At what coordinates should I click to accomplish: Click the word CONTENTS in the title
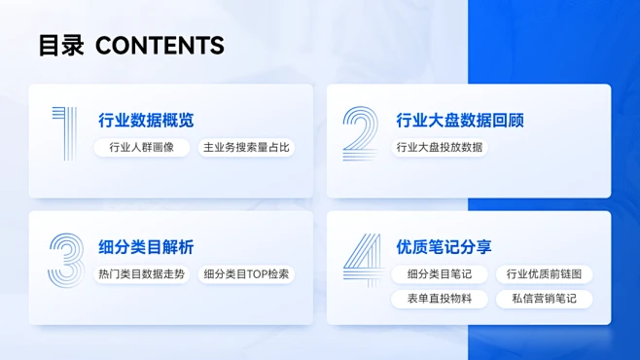(x=160, y=45)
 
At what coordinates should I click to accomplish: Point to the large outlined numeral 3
(x=66, y=260)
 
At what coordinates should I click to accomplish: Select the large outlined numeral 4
(x=362, y=260)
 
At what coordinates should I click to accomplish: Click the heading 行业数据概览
(x=146, y=121)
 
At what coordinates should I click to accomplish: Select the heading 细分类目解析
(x=146, y=247)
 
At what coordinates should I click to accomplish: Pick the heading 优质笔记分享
(x=444, y=247)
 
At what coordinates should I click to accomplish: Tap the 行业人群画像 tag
(x=142, y=148)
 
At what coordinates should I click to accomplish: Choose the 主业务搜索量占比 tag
(x=246, y=148)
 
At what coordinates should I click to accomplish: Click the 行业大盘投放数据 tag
(x=440, y=148)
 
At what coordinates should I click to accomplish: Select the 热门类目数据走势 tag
(x=142, y=274)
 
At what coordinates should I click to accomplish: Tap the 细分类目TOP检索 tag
(x=246, y=274)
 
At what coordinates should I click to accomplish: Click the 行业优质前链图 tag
(x=544, y=274)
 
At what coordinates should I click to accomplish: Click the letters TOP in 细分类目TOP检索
(x=252, y=274)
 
